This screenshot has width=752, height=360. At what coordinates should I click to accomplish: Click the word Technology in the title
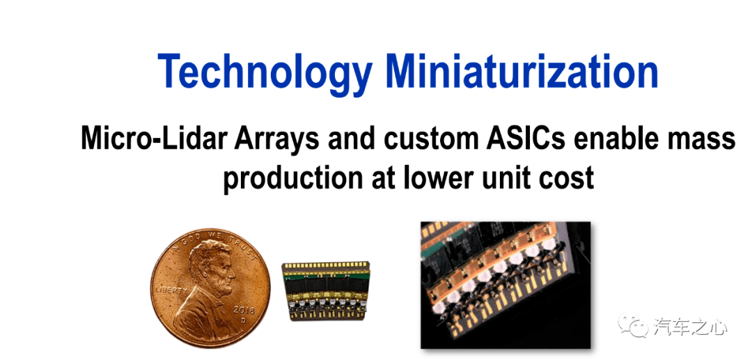(x=265, y=72)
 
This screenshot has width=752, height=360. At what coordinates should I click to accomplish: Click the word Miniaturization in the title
(x=522, y=71)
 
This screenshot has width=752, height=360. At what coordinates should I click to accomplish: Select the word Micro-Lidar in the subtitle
(x=152, y=139)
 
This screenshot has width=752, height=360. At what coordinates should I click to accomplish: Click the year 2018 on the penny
(x=244, y=310)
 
